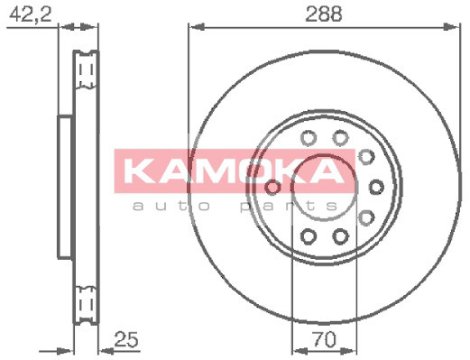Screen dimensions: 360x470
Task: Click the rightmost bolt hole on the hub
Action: [375, 188]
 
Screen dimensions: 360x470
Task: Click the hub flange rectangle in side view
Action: [64, 186]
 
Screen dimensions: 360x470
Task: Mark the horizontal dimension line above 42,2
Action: [36, 28]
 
